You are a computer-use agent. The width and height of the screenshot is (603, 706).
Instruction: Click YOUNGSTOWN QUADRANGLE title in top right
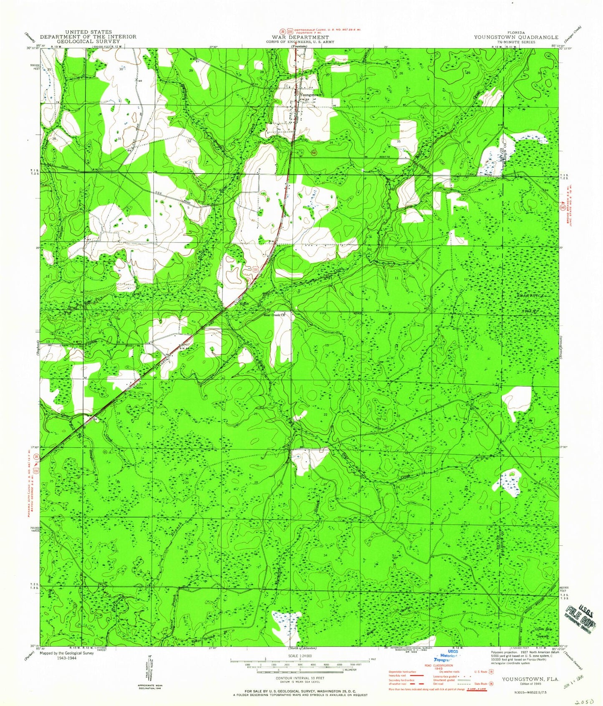point(516,37)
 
